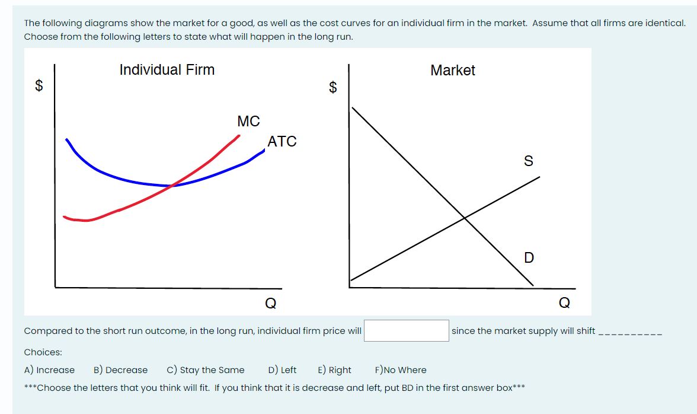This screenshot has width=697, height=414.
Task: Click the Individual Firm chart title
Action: [167, 70]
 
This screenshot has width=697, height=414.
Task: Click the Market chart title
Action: [453, 70]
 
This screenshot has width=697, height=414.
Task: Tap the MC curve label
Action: [248, 121]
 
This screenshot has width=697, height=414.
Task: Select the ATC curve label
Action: [282, 141]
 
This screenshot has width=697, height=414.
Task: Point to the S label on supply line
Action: [529, 161]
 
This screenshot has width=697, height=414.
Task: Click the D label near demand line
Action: [529, 257]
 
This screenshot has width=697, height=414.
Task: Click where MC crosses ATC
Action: [172, 186]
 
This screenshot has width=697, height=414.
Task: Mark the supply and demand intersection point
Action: [465, 218]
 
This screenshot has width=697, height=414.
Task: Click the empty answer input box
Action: [407, 331]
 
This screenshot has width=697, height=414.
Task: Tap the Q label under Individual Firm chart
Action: [271, 303]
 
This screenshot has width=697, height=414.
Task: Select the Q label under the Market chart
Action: [564, 303]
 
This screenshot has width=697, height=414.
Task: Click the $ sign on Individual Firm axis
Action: [39, 85]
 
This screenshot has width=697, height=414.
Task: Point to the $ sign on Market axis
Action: [333, 87]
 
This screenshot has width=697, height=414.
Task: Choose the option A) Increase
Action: [49, 370]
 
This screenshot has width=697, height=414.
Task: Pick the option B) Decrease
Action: [120, 370]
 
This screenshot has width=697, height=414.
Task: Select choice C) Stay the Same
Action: [205, 370]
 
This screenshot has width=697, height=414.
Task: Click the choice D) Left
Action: [282, 370]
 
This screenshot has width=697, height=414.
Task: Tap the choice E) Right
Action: [334, 370]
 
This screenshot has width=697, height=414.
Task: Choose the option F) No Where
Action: [401, 370]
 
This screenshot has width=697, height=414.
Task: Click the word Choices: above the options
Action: [43, 352]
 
